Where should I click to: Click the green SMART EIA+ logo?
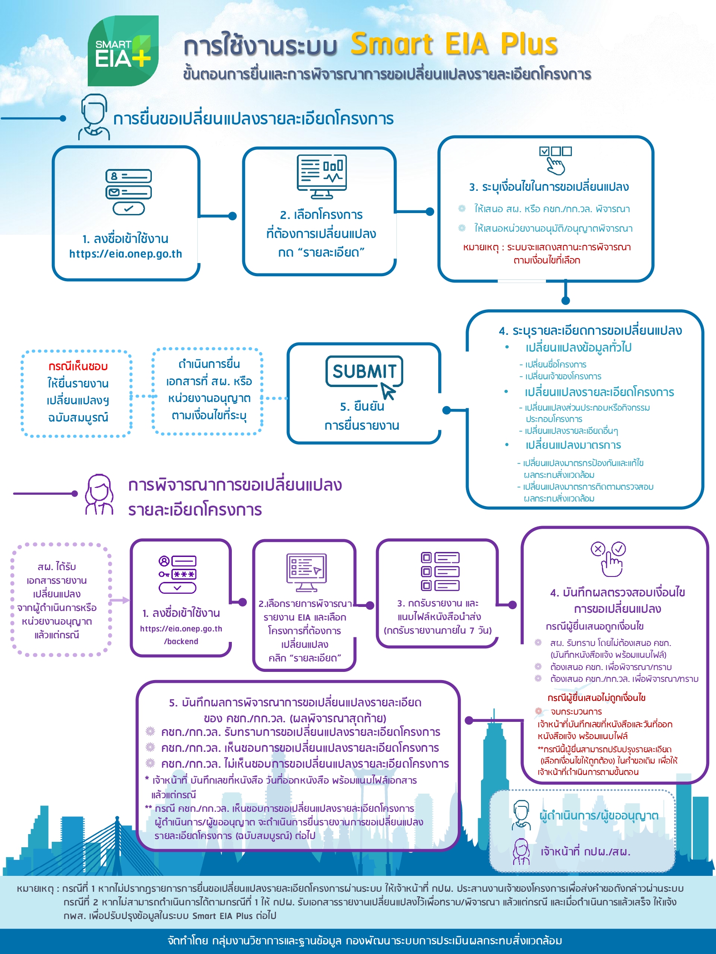[123, 51]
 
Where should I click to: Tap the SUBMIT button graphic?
[364, 371]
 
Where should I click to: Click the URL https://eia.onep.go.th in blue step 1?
[125, 254]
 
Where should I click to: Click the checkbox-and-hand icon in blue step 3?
[555, 159]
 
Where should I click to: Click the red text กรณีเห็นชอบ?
[78, 367]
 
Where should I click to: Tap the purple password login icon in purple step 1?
[177, 574]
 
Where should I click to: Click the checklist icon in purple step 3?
[440, 571]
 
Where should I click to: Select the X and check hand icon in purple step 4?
[609, 559]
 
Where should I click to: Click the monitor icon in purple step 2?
[306, 572]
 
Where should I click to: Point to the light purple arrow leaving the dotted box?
[120, 600]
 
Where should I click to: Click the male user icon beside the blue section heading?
[94, 117]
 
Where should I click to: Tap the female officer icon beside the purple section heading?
[99, 494]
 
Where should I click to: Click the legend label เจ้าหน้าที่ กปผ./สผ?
[585, 851]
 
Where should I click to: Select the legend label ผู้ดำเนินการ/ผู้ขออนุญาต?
[599, 815]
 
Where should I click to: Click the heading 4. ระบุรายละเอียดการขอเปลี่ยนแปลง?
[590, 331]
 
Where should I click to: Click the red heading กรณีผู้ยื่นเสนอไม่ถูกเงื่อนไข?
[596, 698]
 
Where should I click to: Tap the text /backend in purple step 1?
[181, 641]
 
